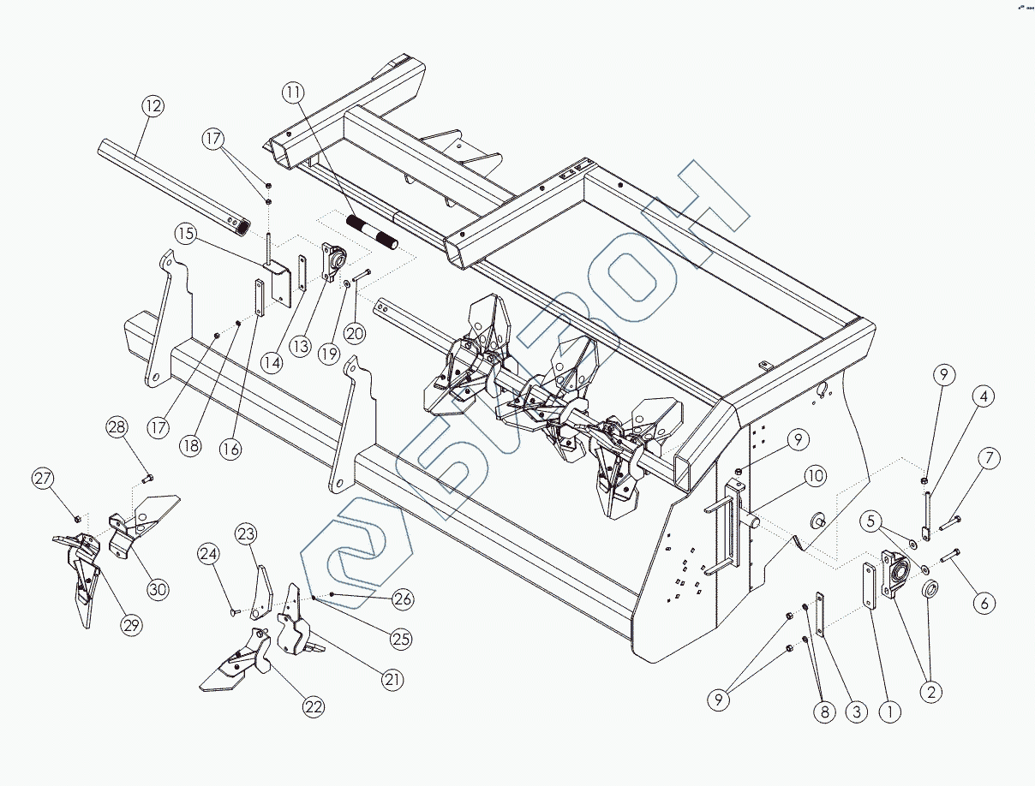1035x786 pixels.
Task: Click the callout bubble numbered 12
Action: point(153,107)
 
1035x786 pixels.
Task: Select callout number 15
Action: point(187,234)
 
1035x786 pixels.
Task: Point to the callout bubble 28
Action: point(117,427)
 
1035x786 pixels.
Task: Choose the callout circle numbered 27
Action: point(44,479)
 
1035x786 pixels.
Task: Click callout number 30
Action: point(158,588)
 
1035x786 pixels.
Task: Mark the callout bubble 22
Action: point(314,707)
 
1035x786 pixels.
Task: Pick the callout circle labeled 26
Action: point(403,599)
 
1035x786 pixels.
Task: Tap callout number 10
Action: point(814,476)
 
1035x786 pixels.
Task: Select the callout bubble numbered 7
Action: point(989,458)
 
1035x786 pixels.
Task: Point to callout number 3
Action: point(854,711)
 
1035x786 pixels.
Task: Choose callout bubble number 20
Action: point(355,333)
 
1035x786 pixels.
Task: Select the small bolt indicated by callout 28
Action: point(146,478)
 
